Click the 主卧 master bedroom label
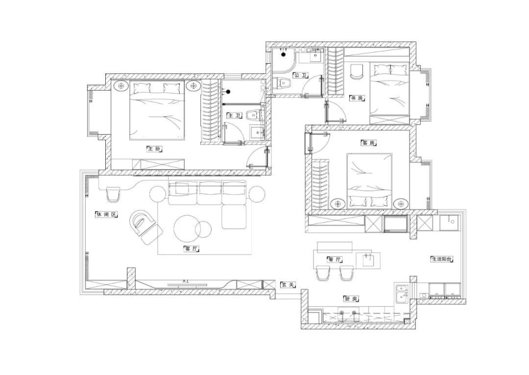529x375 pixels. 155,149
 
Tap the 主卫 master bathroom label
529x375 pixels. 234,116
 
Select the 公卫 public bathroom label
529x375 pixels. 300,75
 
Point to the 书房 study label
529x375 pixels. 357,98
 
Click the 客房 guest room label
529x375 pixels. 368,143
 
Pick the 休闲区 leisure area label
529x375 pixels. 107,215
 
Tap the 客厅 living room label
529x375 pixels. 192,249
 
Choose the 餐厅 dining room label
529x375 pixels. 335,260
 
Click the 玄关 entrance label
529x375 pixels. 288,285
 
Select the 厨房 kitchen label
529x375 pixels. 351,299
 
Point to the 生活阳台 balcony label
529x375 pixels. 442,259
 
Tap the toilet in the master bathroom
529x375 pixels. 253,115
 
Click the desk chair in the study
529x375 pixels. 357,72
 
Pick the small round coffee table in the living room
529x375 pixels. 203,228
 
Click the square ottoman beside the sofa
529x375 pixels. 235,217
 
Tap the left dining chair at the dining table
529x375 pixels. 323,273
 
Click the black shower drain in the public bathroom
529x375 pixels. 284,54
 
